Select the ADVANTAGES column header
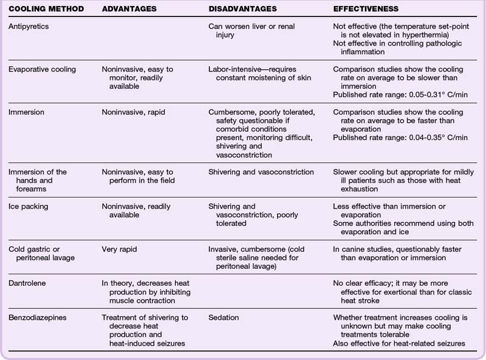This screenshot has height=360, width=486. pyautogui.click(x=129, y=10)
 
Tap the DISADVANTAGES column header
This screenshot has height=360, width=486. pyautogui.click(x=247, y=10)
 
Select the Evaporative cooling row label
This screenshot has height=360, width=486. pyautogui.click(x=43, y=69)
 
